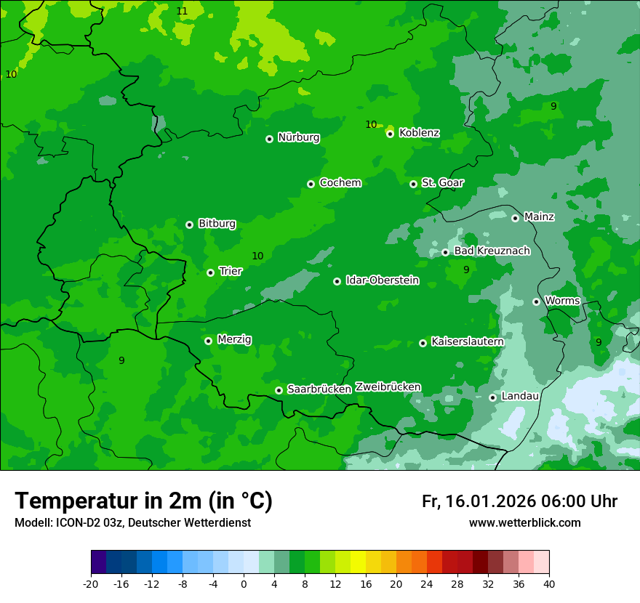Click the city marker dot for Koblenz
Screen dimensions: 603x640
coord(391,134)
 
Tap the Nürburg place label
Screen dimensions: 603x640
coord(298,137)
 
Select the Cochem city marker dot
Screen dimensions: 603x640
coord(311,184)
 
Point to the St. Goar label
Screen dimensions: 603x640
coord(442,182)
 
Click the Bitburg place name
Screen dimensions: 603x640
coord(217,224)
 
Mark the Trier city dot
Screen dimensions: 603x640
coord(210,272)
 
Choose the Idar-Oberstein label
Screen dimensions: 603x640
coord(382,280)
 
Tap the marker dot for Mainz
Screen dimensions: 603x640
coord(515,218)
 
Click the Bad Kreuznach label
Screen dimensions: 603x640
coord(492,251)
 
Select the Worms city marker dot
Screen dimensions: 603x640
coord(536,301)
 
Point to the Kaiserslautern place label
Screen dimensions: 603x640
coord(467,341)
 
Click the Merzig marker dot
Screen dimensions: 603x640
coord(208,341)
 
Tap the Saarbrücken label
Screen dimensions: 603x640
coord(319,389)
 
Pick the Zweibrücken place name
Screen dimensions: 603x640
coord(388,387)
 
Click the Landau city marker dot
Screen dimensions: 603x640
coord(492,397)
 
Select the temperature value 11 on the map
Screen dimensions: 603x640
coord(182,11)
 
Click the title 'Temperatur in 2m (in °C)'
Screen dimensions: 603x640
coord(143,501)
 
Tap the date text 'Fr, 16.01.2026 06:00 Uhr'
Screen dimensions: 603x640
coord(519,501)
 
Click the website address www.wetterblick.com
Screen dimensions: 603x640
coord(524,523)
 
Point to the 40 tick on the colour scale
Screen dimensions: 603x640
coord(548,584)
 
